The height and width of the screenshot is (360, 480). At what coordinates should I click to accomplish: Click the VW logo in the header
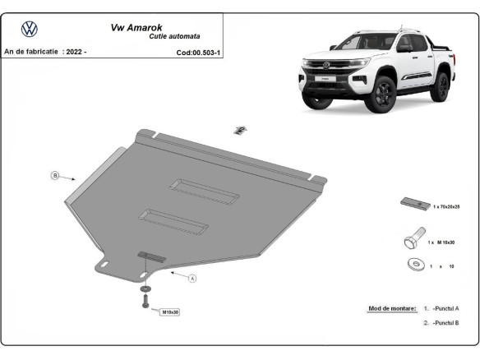tap(30, 30)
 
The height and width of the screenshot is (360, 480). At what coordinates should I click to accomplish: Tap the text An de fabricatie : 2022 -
tap(45, 52)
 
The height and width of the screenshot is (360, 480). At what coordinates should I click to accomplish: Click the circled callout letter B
tap(55, 175)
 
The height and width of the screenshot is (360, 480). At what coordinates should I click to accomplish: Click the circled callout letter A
tap(192, 279)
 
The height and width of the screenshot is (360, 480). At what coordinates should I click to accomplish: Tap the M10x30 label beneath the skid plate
tap(170, 312)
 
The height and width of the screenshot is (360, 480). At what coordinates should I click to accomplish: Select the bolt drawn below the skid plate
tap(145, 302)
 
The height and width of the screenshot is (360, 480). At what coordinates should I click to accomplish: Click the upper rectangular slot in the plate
tap(205, 191)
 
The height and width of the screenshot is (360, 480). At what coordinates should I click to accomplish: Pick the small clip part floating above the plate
tap(240, 130)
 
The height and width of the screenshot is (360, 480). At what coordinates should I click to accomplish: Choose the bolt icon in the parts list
tap(413, 241)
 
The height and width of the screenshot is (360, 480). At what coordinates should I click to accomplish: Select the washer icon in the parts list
tap(414, 265)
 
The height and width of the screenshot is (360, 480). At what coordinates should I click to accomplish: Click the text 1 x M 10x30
tap(441, 243)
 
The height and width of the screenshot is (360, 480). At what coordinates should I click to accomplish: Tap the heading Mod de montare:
tap(392, 308)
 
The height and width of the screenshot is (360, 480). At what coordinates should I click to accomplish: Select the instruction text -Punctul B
tap(445, 324)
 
